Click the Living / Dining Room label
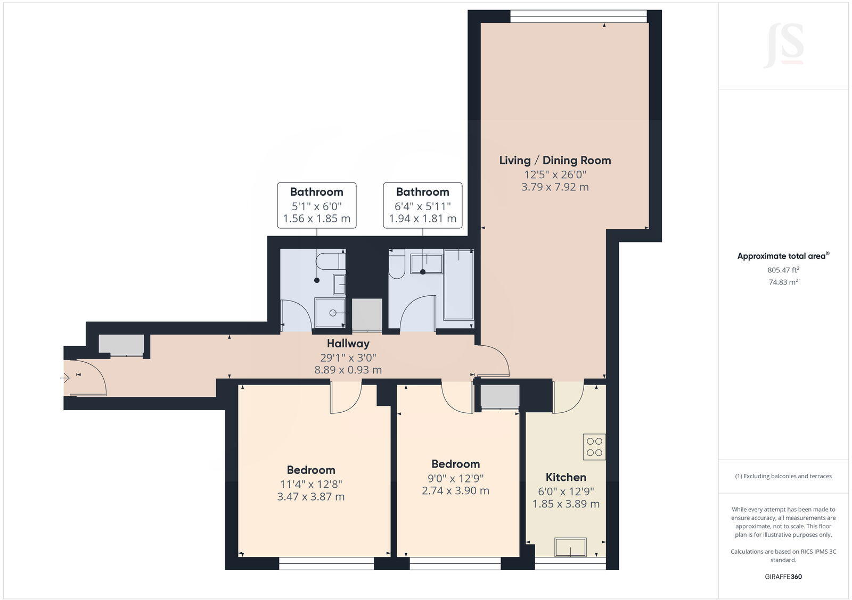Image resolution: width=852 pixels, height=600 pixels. pyautogui.click(x=555, y=160)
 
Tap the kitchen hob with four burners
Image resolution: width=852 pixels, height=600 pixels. pyautogui.click(x=594, y=447)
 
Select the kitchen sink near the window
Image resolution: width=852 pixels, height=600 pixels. pyautogui.click(x=570, y=547)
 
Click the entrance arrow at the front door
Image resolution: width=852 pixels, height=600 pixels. pyautogui.click(x=65, y=378)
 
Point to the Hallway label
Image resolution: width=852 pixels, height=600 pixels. pyautogui.click(x=348, y=344)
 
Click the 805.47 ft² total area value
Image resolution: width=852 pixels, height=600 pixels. pyautogui.click(x=783, y=270)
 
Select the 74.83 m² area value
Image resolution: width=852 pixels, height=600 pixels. pyautogui.click(x=783, y=282)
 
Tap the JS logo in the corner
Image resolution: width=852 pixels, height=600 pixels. pyautogui.click(x=784, y=46)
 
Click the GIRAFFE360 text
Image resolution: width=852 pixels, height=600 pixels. pyautogui.click(x=783, y=577)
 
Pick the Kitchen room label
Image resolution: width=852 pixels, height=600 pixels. pyautogui.click(x=566, y=477)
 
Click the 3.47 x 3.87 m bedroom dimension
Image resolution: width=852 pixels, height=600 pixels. pyautogui.click(x=310, y=497)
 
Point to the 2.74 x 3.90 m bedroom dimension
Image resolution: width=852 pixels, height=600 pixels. pyautogui.click(x=455, y=491)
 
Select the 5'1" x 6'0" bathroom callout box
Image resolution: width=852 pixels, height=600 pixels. pyautogui.click(x=316, y=205)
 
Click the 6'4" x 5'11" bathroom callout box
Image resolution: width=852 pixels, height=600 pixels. pyautogui.click(x=422, y=205)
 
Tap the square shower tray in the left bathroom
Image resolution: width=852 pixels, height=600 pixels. pyautogui.click(x=330, y=312)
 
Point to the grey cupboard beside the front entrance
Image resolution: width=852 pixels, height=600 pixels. pyautogui.click(x=121, y=345)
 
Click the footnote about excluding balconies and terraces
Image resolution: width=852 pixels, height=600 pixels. pyautogui.click(x=783, y=476)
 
